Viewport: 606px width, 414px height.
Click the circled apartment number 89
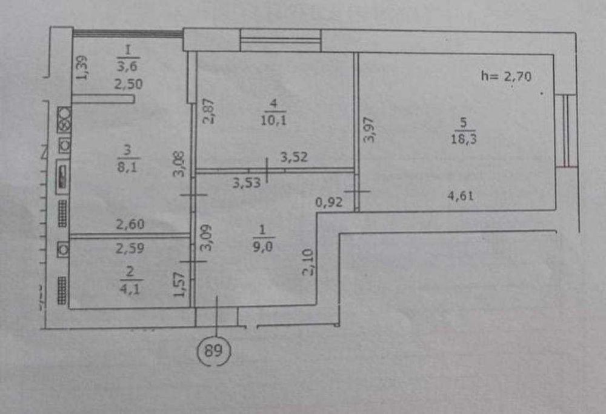[x=214, y=350]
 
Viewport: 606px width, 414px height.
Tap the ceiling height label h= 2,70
[x=506, y=76]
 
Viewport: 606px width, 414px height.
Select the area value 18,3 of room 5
[x=464, y=138]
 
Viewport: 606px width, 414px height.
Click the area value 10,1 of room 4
[x=273, y=120]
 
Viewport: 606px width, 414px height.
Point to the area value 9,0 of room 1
[x=263, y=246]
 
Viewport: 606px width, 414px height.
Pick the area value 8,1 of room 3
[x=127, y=167]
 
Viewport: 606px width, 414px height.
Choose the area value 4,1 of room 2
[x=130, y=288]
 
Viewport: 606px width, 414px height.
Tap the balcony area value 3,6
[x=127, y=65]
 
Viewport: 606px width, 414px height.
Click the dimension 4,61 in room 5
[x=461, y=196]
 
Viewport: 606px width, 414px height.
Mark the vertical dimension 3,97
[x=370, y=130]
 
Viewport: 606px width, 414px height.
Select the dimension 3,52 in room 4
[x=294, y=157]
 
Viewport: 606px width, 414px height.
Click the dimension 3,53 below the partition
[x=247, y=182]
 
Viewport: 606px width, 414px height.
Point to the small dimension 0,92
[x=329, y=202]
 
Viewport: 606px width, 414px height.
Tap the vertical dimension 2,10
[x=308, y=262]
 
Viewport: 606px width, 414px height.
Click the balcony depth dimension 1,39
[x=81, y=68]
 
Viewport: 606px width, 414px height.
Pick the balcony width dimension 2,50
[x=128, y=84]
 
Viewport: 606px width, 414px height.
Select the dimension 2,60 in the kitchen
[x=130, y=224]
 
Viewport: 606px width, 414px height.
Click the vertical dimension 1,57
[x=179, y=284]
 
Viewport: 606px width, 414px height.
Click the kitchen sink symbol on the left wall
[x=62, y=177]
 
